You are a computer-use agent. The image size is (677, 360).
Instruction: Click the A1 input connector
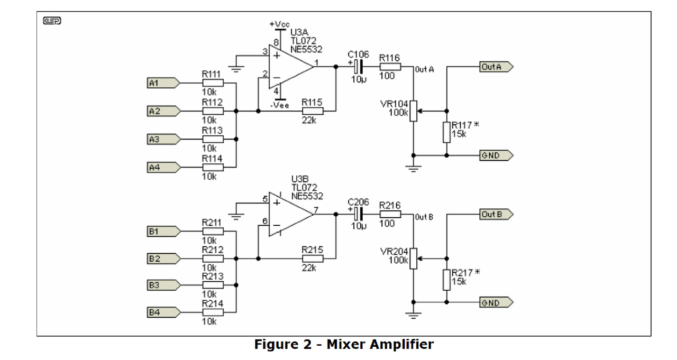point(163,83)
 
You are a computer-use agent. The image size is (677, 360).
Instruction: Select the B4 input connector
point(163,312)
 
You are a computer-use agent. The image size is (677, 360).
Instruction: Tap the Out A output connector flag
point(496,67)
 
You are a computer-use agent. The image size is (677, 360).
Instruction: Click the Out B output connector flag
point(496,214)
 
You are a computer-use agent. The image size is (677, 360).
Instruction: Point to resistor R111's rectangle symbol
point(213,83)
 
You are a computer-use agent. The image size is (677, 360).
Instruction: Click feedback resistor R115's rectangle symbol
point(313,111)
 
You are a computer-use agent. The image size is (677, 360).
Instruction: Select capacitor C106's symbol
point(358,67)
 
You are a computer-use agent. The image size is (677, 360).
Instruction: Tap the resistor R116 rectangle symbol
point(390,67)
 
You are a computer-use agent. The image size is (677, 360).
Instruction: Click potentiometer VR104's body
point(413,111)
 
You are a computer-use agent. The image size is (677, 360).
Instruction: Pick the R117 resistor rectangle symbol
point(446,132)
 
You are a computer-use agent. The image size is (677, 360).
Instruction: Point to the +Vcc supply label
point(280,24)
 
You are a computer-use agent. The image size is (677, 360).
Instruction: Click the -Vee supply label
point(280,105)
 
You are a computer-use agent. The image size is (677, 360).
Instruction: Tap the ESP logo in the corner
point(52,21)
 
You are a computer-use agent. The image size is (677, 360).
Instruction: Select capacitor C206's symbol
point(358,214)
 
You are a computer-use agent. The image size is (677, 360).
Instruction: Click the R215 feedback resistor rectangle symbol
point(313,259)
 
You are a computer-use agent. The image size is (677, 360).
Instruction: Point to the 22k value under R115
point(309,120)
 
